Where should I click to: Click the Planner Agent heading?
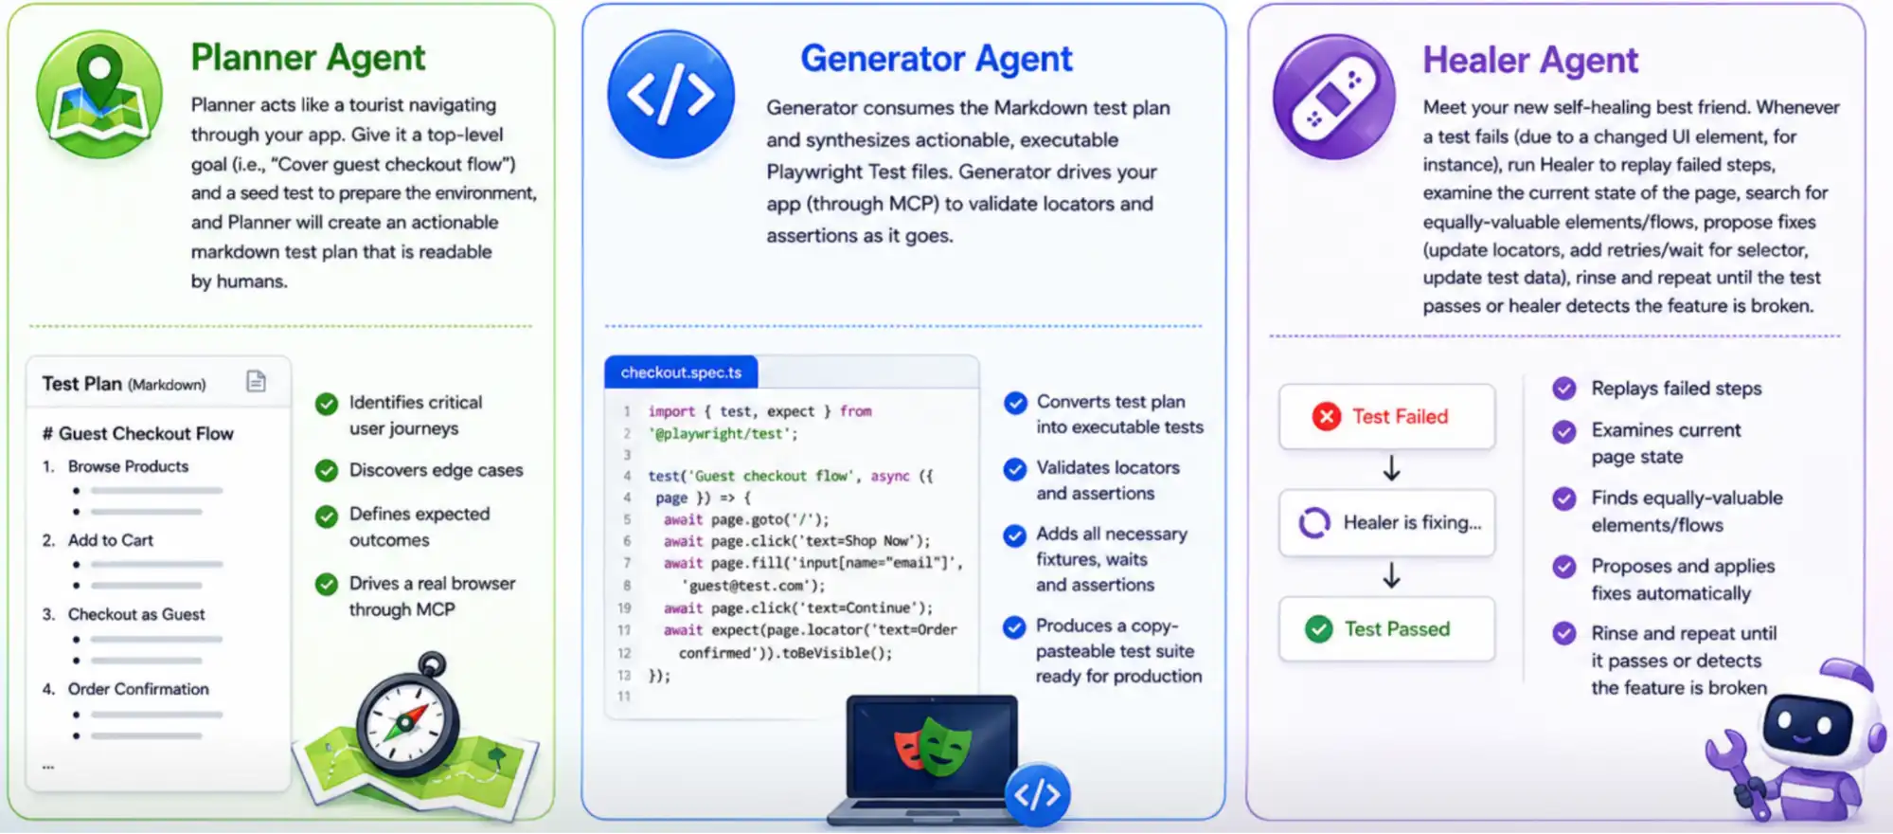(308, 58)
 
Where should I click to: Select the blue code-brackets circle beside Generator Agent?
(670, 95)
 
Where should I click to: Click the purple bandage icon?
(1333, 97)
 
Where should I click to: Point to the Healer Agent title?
(1530, 61)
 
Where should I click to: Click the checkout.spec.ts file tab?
(681, 372)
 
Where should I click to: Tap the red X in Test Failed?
(1326, 416)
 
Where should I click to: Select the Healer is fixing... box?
(1386, 522)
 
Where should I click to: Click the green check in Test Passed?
(1318, 628)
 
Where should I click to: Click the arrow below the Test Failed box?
(1391, 468)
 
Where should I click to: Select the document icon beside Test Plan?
(256, 381)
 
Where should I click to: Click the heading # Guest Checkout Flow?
(137, 433)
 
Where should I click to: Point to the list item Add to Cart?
(110, 540)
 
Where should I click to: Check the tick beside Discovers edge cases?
(327, 470)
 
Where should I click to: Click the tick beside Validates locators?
(1014, 469)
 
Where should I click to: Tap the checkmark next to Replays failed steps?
(1564, 389)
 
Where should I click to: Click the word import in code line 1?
(671, 411)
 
